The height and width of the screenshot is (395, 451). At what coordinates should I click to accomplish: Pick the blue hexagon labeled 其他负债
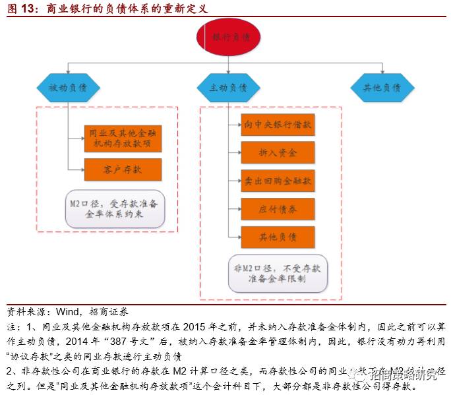[x=382, y=87]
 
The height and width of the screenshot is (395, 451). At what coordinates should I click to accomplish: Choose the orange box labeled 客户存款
[x=123, y=169]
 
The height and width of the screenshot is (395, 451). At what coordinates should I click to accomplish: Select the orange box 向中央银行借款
[x=278, y=125]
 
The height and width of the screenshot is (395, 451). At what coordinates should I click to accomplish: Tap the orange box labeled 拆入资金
[x=278, y=153]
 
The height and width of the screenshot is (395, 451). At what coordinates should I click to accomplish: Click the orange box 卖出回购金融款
[x=278, y=180]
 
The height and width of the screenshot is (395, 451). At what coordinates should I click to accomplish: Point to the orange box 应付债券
[x=278, y=208]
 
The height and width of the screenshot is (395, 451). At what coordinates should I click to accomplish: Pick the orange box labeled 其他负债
[x=278, y=236]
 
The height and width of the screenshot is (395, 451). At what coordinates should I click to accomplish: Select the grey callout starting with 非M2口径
[x=277, y=273]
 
